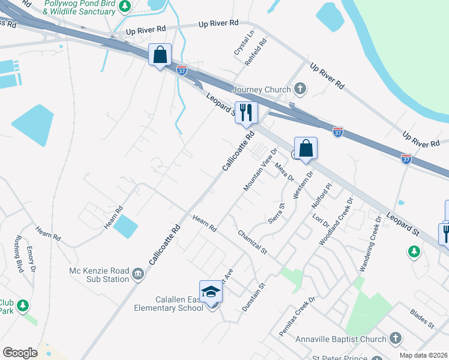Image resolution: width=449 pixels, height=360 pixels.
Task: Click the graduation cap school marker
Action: pos(211,292)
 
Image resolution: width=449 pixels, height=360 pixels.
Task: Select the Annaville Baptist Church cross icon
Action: pos(395,339)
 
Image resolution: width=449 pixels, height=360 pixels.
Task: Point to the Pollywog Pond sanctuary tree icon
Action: pos(124,7)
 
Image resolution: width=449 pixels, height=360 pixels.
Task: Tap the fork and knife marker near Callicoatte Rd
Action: pos(246,112)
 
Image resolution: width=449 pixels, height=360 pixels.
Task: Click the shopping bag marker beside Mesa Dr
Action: pos(306,148)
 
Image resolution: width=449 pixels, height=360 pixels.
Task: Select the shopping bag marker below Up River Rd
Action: pos(160,55)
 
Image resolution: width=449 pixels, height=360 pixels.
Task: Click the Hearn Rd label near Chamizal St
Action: pos(204,224)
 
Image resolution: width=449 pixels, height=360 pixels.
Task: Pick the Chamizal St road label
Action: pos(252,242)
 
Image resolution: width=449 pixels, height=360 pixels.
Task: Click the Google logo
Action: pos(20,352)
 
